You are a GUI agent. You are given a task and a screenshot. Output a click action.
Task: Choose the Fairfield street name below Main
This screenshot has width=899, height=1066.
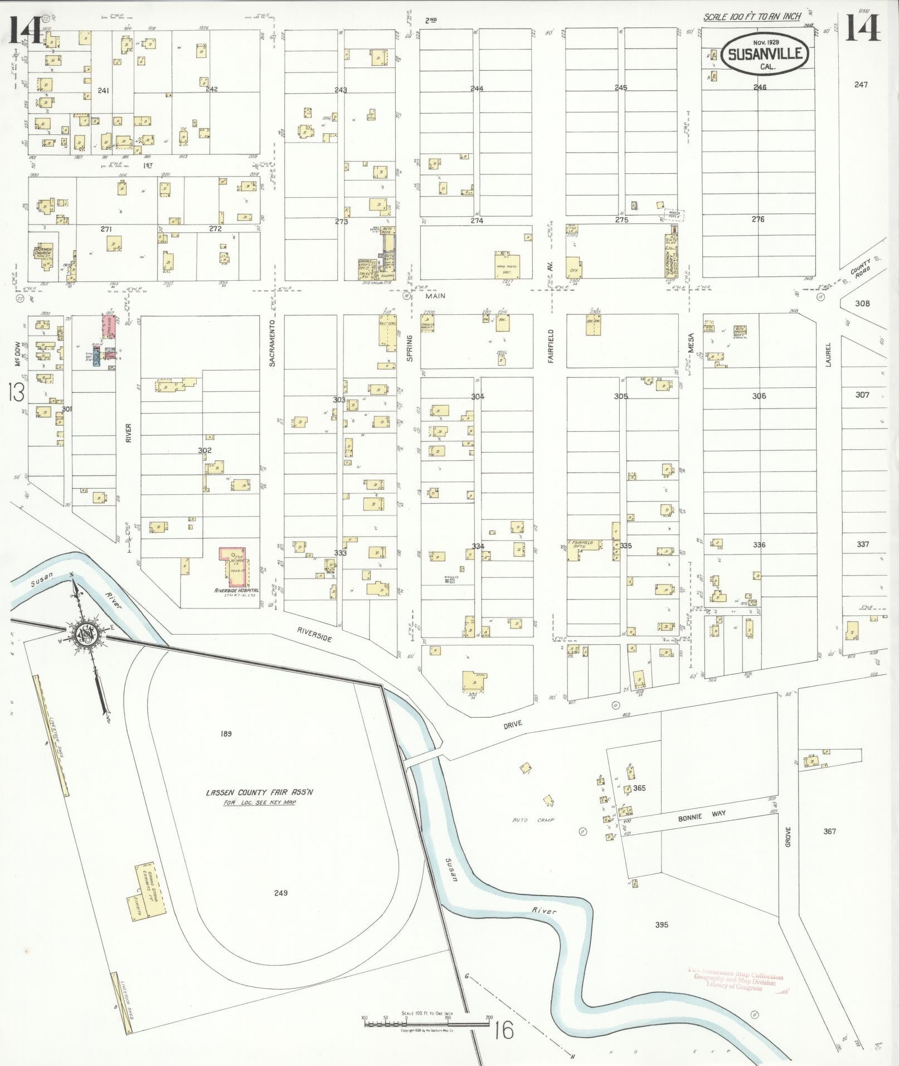550,346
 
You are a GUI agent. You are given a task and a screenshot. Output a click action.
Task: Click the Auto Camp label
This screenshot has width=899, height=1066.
533,820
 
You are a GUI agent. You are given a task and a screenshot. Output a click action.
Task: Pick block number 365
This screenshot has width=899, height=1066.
639,788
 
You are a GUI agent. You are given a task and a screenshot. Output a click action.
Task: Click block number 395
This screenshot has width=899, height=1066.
662,924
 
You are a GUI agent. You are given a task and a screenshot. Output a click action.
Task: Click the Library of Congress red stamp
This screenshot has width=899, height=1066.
735,980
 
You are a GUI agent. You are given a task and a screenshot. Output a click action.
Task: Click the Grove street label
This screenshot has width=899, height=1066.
788,836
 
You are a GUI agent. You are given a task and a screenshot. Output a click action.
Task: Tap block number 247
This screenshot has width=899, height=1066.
861,85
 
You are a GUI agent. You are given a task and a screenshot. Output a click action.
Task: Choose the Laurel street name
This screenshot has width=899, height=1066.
828,354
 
